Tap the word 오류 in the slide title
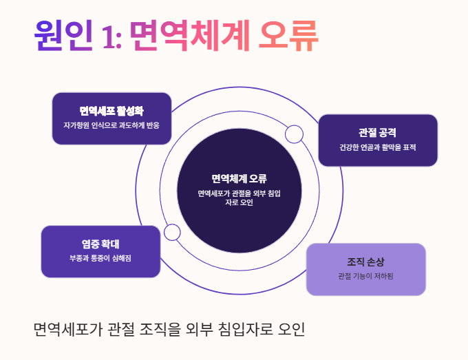288,36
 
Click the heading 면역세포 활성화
111,111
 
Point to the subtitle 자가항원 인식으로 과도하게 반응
111,127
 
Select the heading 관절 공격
377,131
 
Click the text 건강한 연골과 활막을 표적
377,147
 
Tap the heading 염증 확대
100,243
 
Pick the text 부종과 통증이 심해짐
100,258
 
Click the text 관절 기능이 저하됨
365,277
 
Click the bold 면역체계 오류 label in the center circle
239,179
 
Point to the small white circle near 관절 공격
294,134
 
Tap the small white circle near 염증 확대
172,232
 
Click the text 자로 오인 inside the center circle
239,203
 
